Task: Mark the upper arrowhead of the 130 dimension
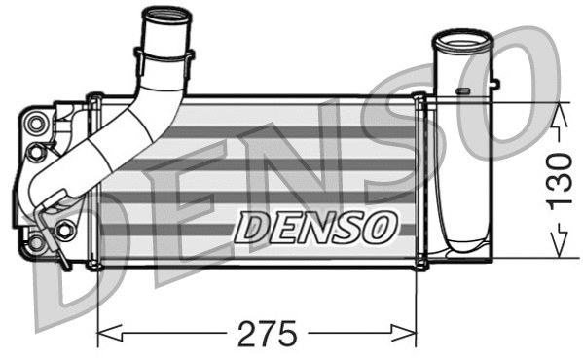click(558, 110)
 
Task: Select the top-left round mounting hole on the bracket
click(38, 123)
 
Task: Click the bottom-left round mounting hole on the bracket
click(38, 240)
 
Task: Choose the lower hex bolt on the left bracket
click(64, 231)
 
